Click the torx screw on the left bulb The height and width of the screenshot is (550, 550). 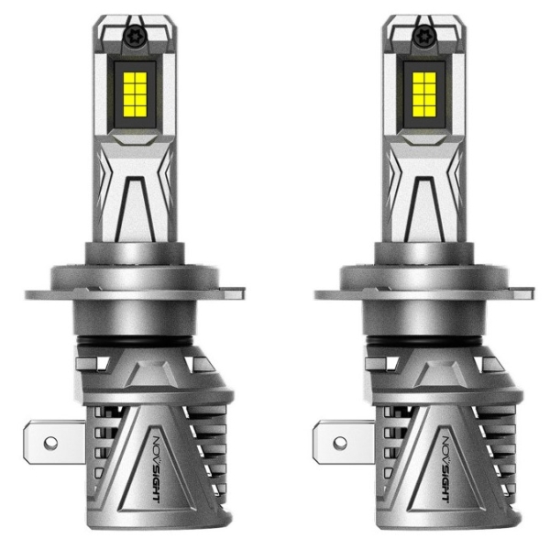pos(136,36)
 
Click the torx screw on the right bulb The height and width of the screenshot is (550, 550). pos(425,36)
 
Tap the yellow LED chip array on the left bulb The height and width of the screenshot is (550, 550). pos(136,94)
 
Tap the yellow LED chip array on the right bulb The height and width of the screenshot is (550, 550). pos(424,94)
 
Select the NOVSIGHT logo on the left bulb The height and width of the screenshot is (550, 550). pos(159,467)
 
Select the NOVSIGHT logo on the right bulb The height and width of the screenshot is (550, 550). pos(447,467)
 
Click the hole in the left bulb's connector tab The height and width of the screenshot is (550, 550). pos(50,444)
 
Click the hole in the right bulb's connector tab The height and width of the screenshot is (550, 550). pos(340,444)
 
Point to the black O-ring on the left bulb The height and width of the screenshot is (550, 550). pos(135,341)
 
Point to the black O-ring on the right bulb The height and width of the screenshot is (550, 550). pos(424,341)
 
